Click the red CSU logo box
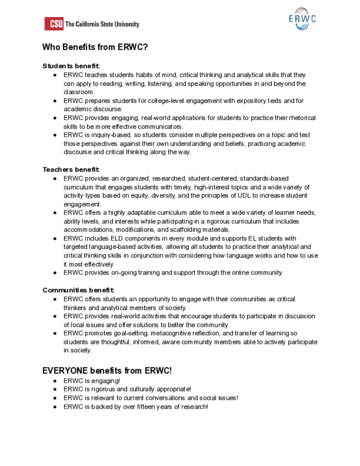(54, 24)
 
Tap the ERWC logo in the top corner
(302, 19)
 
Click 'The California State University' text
(102, 24)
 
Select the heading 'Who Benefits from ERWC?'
(95, 47)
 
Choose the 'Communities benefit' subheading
(78, 290)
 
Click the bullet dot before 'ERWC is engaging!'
(55, 381)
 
